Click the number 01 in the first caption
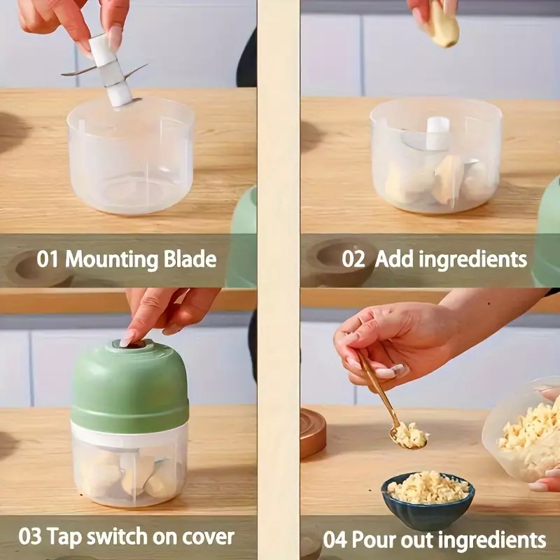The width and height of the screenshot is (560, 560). (47, 259)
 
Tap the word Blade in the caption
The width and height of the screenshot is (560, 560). (190, 259)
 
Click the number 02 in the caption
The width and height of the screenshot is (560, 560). (353, 259)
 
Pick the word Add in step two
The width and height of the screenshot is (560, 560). (393, 258)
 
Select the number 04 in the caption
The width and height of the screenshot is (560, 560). (335, 540)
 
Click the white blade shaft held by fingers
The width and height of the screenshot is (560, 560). (111, 71)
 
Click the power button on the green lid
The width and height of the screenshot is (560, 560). (129, 344)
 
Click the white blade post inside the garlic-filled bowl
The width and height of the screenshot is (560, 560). (438, 133)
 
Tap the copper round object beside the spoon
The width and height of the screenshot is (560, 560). (313, 433)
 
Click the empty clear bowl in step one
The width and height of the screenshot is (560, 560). (130, 157)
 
